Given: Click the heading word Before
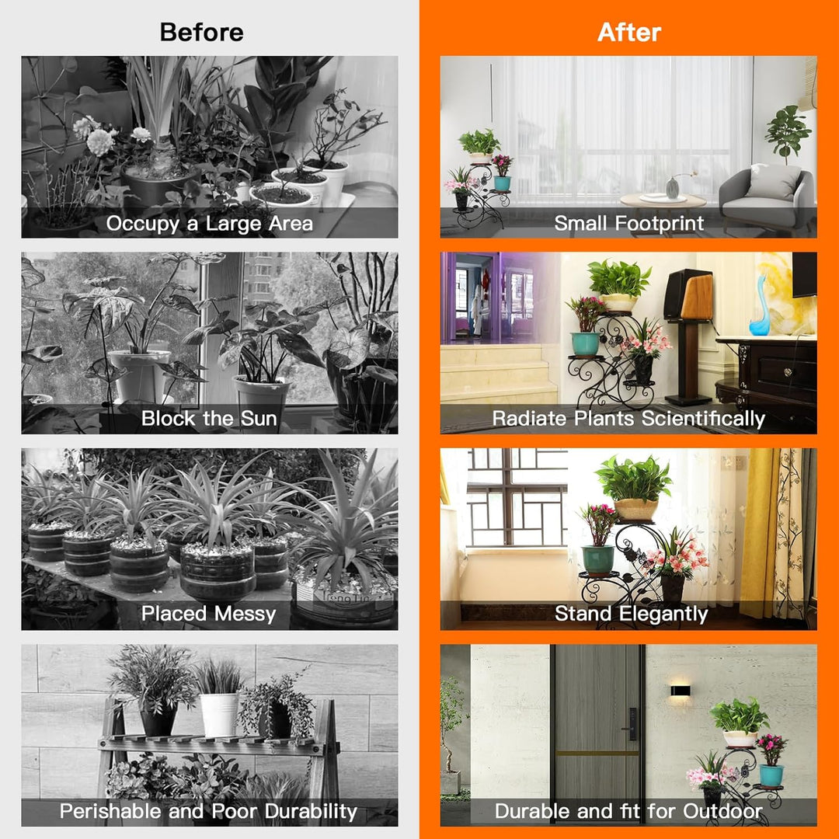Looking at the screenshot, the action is pos(202,32).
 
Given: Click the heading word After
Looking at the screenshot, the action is pos(629,32).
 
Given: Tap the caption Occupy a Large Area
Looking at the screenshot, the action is pos(209,223).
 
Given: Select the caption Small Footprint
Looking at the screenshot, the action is pos(628,223).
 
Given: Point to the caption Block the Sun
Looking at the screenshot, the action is pos(209,418).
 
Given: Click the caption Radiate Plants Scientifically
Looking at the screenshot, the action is pos(628,419).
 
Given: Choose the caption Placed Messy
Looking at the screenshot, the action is pos(209,614).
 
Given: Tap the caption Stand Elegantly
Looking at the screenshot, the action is pos(632,614).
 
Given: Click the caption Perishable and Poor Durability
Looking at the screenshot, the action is pos(208,811).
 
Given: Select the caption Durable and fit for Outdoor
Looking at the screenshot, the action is pos(628,811).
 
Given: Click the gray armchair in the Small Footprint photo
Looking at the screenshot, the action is pos(766,199).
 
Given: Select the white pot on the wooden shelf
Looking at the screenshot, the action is pos(219,715).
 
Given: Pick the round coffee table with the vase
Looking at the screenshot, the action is pos(663,201).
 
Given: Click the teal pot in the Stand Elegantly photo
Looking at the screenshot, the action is pos(597,559).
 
